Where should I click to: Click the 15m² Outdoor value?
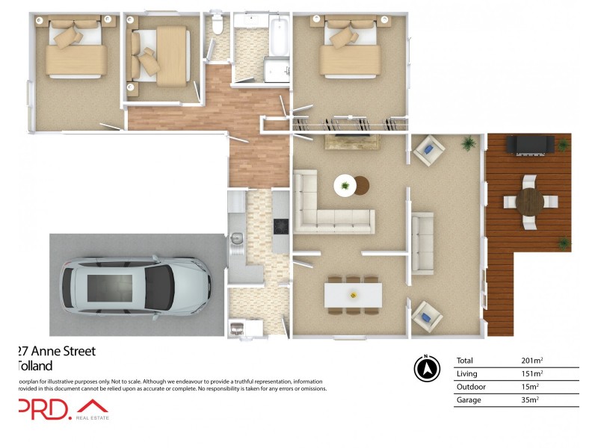pos(530,387)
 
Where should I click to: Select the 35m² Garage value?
pos(530,400)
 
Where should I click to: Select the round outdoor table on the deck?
pos(530,201)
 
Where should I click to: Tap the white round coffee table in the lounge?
pos(345,184)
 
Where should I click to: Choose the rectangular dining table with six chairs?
pos(354,294)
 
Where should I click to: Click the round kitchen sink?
pos(236,239)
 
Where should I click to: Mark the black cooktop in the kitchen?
pos(281,225)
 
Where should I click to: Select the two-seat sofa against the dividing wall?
pos(424,242)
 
